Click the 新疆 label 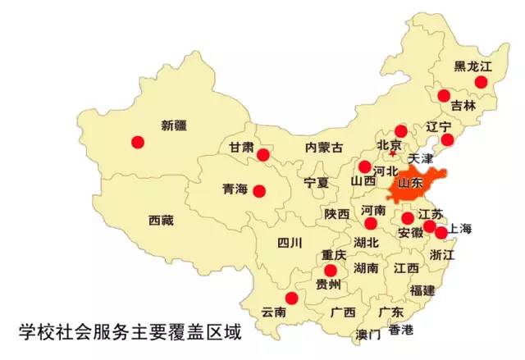(x=174, y=125)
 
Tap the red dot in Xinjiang (x=138, y=141)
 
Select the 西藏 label (x=161, y=220)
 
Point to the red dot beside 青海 (x=259, y=191)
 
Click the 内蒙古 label (x=324, y=148)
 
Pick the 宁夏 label (x=316, y=181)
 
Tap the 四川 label (x=290, y=242)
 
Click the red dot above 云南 (x=290, y=298)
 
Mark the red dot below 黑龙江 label (x=482, y=81)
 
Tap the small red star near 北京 (x=393, y=153)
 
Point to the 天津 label (x=419, y=157)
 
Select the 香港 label (x=401, y=330)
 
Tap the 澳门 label (x=368, y=334)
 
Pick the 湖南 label (x=366, y=268)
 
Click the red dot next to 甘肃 (x=263, y=155)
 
